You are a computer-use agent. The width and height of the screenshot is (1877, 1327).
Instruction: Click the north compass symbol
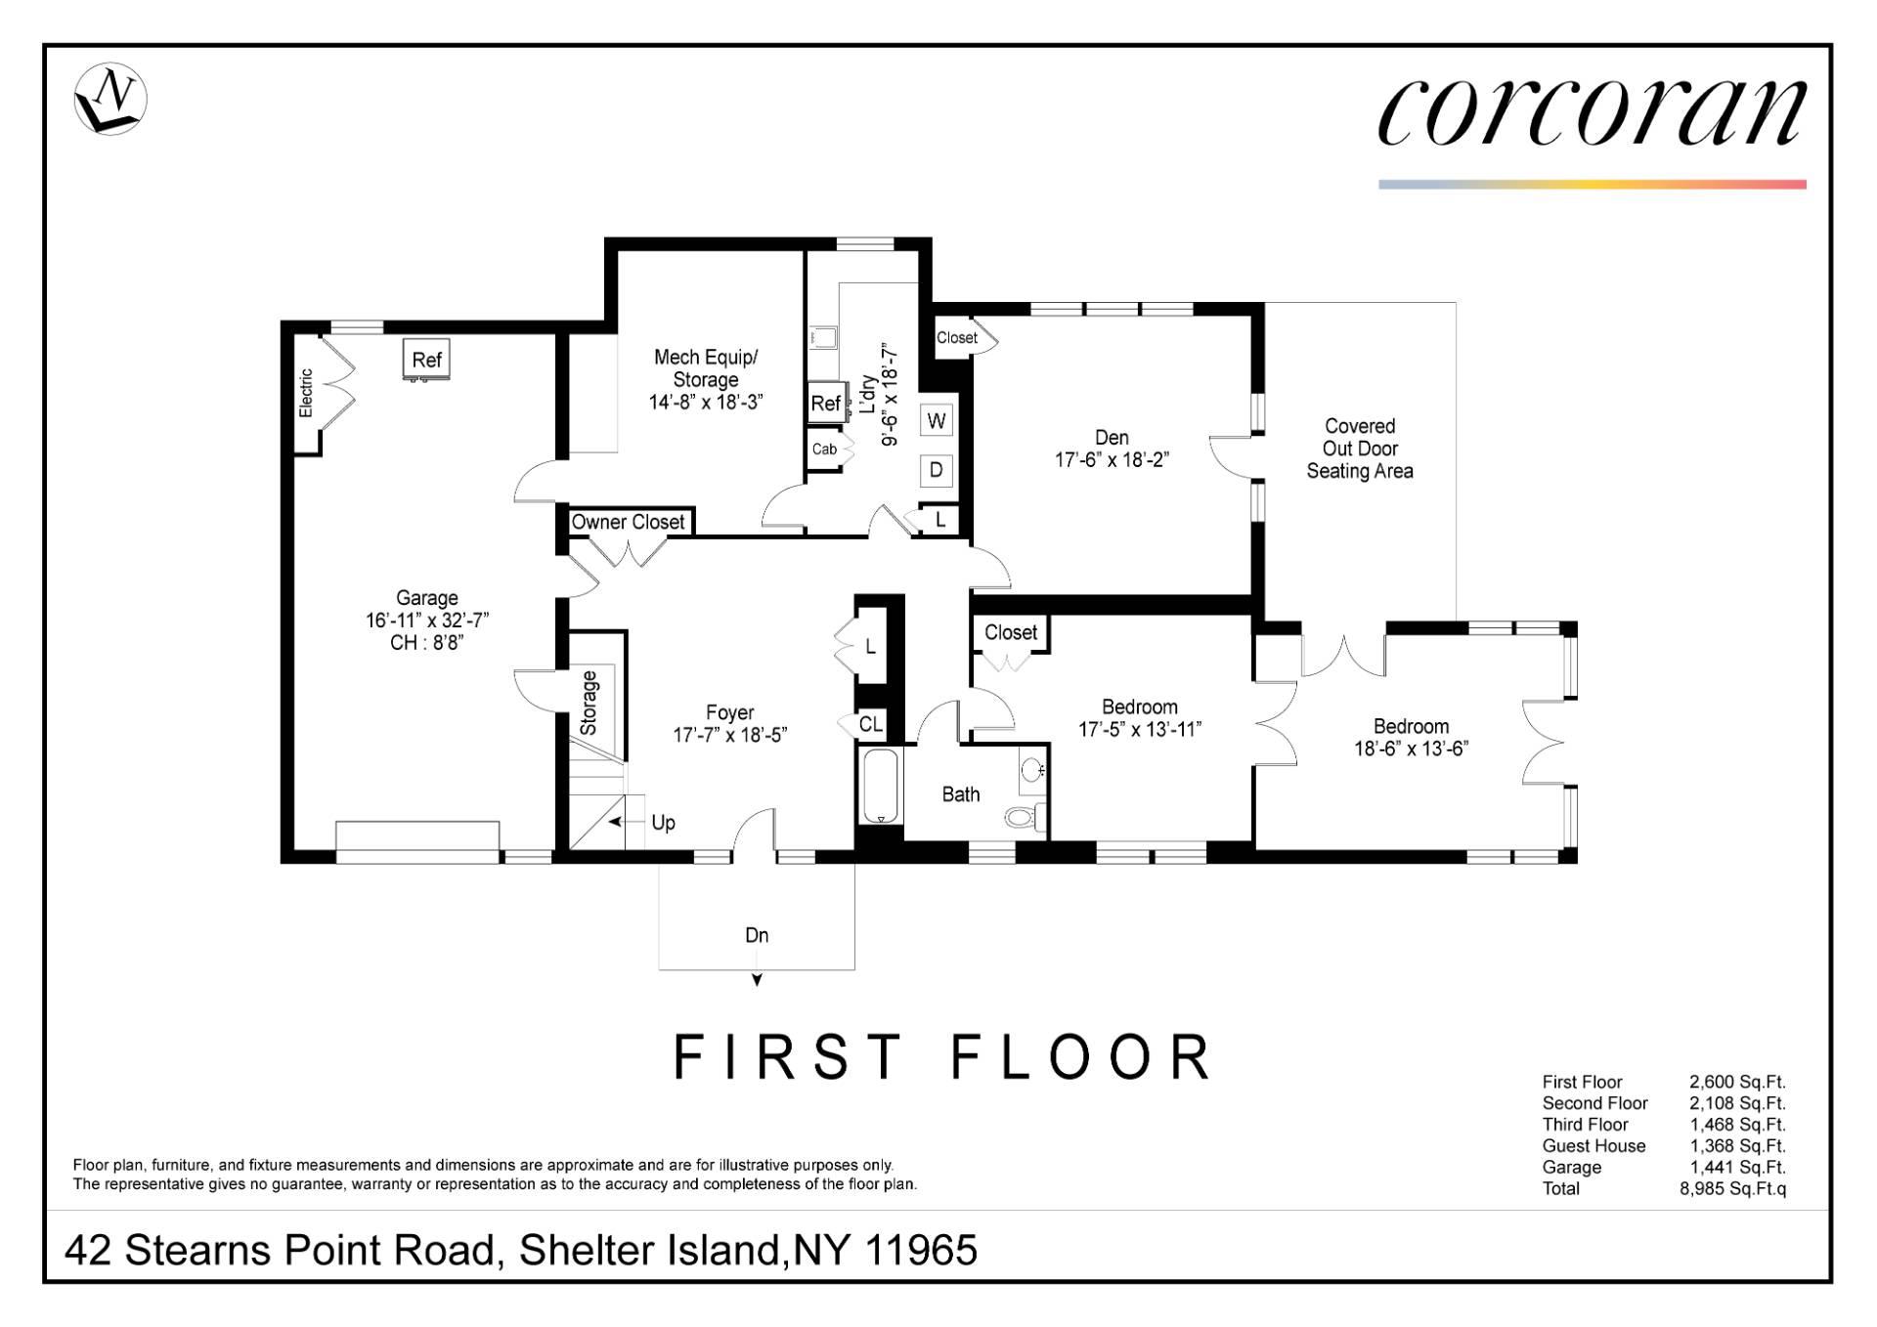click(110, 99)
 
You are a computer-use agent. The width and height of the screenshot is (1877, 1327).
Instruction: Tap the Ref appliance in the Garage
click(426, 360)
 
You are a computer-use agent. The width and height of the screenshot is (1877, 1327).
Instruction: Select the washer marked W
click(937, 421)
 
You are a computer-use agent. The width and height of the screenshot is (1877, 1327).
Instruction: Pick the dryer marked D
click(937, 470)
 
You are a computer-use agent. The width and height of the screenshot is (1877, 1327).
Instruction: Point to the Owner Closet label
click(628, 522)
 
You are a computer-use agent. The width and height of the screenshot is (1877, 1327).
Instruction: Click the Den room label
click(1112, 438)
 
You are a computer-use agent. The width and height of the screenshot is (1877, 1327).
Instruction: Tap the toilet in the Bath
click(1025, 817)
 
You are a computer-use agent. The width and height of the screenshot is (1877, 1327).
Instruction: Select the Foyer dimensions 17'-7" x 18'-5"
click(730, 735)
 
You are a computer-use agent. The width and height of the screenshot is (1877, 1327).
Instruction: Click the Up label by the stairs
click(663, 823)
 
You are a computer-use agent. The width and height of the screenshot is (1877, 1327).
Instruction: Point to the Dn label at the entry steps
click(757, 935)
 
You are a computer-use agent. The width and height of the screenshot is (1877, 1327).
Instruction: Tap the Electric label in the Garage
click(306, 393)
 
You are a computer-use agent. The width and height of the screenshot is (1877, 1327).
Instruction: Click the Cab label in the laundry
click(824, 449)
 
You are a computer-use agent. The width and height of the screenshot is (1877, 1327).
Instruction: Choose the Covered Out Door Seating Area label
click(1360, 449)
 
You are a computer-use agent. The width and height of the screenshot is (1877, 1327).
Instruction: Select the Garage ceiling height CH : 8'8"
click(427, 643)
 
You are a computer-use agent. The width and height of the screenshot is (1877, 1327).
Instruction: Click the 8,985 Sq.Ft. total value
click(1732, 1189)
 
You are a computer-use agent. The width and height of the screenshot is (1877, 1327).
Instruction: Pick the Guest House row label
click(1593, 1146)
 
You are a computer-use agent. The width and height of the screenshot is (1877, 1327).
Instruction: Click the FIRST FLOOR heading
click(942, 1056)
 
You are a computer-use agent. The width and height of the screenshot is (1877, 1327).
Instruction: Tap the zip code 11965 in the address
click(922, 1251)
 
